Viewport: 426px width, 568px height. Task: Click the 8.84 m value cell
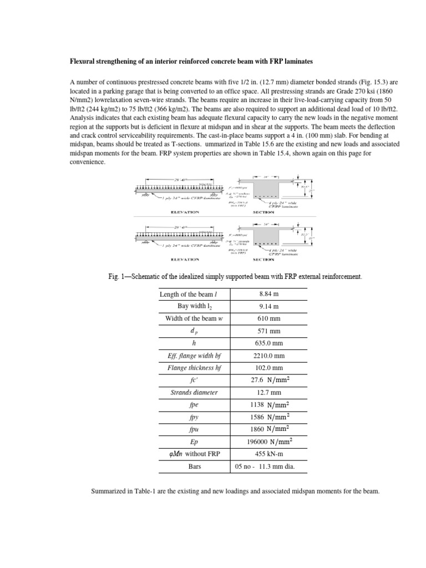point(268,294)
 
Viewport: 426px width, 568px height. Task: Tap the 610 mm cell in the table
point(268,318)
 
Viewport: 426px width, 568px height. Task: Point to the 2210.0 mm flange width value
point(268,355)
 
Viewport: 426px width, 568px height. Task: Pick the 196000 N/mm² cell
point(268,442)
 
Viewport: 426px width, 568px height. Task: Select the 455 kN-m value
point(268,454)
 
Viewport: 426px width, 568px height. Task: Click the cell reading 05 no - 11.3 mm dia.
point(268,466)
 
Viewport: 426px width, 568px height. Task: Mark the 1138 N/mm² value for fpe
point(268,404)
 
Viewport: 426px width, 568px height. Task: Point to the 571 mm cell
point(268,331)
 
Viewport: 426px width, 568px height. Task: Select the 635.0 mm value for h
point(268,343)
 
